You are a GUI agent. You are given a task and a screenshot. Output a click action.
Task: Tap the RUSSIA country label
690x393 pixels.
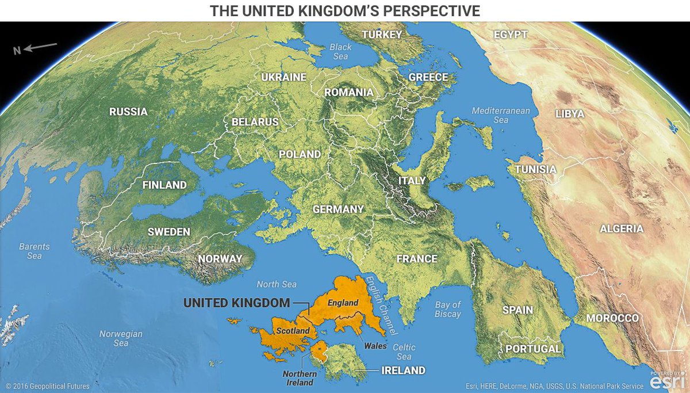(129, 112)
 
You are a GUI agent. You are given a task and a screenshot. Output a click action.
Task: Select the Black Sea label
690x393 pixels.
(340, 52)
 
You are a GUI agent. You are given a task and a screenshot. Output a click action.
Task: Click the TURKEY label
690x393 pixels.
(382, 35)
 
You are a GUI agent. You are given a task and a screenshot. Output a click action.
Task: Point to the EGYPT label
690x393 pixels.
(510, 35)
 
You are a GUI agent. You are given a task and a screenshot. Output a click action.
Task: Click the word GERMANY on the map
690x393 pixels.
(338, 209)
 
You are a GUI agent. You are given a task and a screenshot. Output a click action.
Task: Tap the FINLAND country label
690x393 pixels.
(164, 185)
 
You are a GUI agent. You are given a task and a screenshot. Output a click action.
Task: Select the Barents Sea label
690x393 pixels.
(34, 251)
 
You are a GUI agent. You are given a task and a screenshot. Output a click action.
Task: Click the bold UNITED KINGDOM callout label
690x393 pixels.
(236, 302)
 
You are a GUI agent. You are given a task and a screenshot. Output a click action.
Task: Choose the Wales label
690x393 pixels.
(375, 346)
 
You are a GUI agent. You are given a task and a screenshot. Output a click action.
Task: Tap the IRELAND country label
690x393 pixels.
(403, 370)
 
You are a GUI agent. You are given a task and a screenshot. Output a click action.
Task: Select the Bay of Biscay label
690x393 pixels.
(448, 310)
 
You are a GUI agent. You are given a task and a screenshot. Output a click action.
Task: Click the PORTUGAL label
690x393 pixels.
(533, 349)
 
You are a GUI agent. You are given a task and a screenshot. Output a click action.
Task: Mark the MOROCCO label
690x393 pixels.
(612, 318)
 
